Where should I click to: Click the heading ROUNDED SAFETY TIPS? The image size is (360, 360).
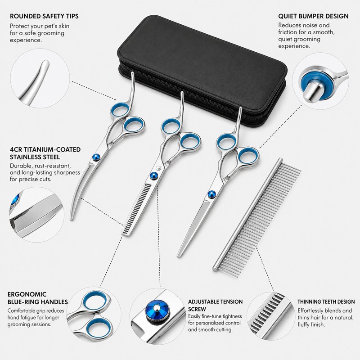click(44, 16)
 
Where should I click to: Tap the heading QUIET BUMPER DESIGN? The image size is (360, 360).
click(313, 16)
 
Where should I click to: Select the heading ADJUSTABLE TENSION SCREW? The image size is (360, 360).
click(216, 305)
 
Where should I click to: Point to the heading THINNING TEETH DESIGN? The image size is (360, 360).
click(326, 301)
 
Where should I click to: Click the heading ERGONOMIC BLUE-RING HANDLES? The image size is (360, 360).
click(37, 298)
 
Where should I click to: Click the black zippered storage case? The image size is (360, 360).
click(202, 69)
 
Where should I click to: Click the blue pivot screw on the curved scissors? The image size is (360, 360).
click(96, 157)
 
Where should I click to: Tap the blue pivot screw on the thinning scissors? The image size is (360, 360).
click(153, 176)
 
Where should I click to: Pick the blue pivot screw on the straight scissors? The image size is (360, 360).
click(211, 194)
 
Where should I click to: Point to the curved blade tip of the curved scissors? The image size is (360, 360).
click(72, 218)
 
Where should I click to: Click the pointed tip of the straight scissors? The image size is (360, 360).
click(178, 255)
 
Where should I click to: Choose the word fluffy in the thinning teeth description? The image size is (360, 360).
click(304, 324)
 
